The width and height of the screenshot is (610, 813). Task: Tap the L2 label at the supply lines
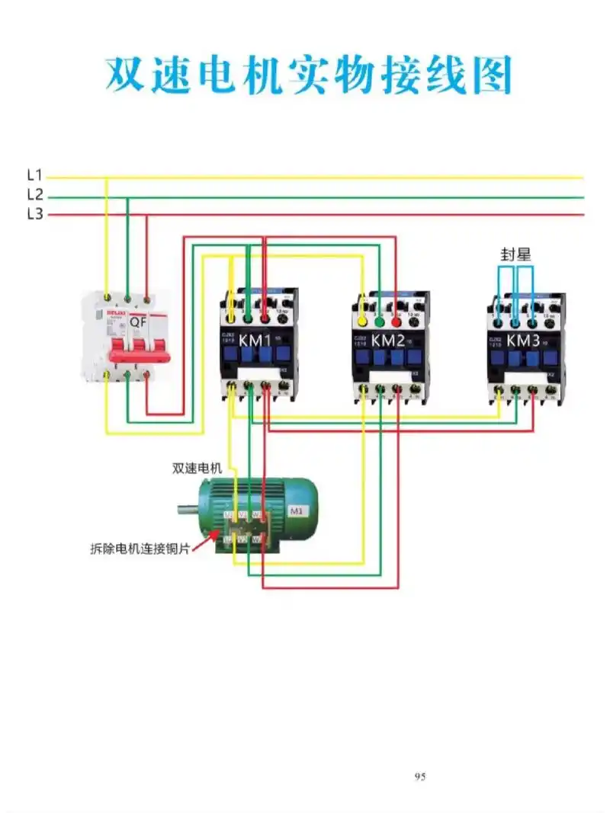pyautogui.click(x=34, y=195)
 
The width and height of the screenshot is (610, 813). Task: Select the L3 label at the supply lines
pyautogui.click(x=34, y=214)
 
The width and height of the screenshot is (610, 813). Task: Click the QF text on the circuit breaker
pyautogui.click(x=138, y=322)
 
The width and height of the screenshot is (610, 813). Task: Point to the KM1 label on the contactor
pyautogui.click(x=257, y=339)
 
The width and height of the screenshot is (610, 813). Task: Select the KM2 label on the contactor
pyautogui.click(x=388, y=341)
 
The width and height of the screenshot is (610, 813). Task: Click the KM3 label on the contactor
pyautogui.click(x=524, y=341)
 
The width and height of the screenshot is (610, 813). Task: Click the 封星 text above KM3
pyautogui.click(x=515, y=254)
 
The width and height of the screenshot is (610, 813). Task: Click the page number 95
pyautogui.click(x=420, y=776)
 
